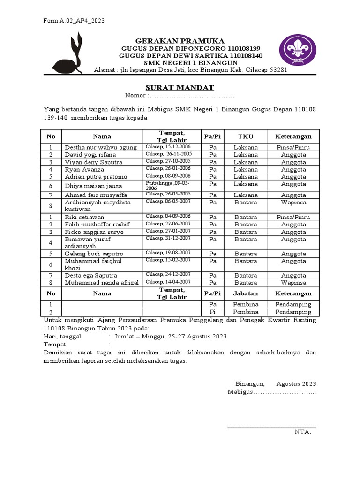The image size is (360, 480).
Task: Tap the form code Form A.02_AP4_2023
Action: [x=74, y=21]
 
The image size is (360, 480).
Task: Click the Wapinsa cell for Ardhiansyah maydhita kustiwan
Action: [x=293, y=202]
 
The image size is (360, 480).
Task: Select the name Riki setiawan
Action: [x=84, y=217]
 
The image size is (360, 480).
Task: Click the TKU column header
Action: [x=246, y=136]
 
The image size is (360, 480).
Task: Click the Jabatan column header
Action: [x=246, y=293]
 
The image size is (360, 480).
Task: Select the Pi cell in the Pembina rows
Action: [x=213, y=312]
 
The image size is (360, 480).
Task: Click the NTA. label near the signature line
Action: [x=302, y=432]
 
